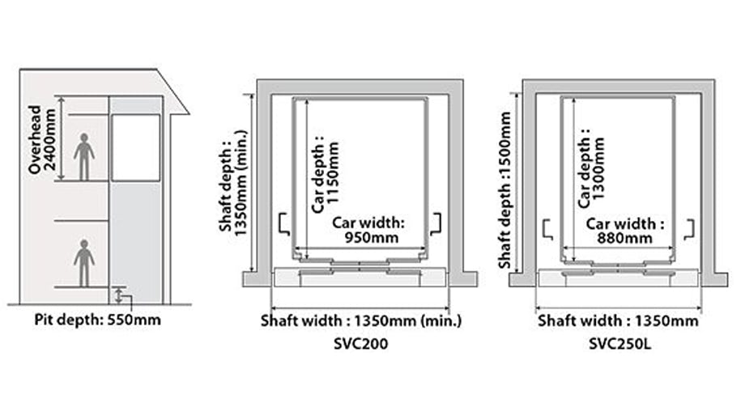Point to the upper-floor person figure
[x=83, y=156]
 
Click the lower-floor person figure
[x=83, y=262]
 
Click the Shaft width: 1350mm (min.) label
[x=360, y=320]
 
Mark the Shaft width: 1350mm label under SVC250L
[x=618, y=320]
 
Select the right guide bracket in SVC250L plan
[x=690, y=228]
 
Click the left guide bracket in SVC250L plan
[x=546, y=228]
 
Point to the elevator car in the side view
[x=135, y=147]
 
